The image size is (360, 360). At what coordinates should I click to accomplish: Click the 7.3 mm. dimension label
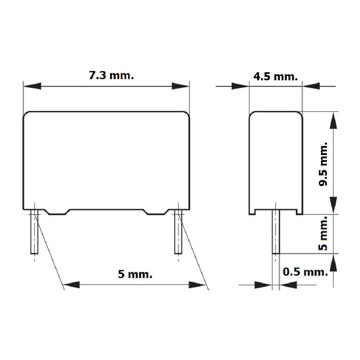point(111,75)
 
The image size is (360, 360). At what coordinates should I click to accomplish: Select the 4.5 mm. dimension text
point(276,76)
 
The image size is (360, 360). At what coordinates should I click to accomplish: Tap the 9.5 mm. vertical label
point(324,164)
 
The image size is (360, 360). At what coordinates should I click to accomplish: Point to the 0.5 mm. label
point(306,272)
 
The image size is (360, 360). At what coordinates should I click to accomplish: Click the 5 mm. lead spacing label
point(135,274)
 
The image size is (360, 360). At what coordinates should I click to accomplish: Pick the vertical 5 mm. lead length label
point(323,233)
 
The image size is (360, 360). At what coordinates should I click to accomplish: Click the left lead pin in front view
point(34,232)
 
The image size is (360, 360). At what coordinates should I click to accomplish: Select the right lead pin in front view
point(178,232)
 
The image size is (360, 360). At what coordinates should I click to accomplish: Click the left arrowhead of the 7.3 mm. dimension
point(32,86)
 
